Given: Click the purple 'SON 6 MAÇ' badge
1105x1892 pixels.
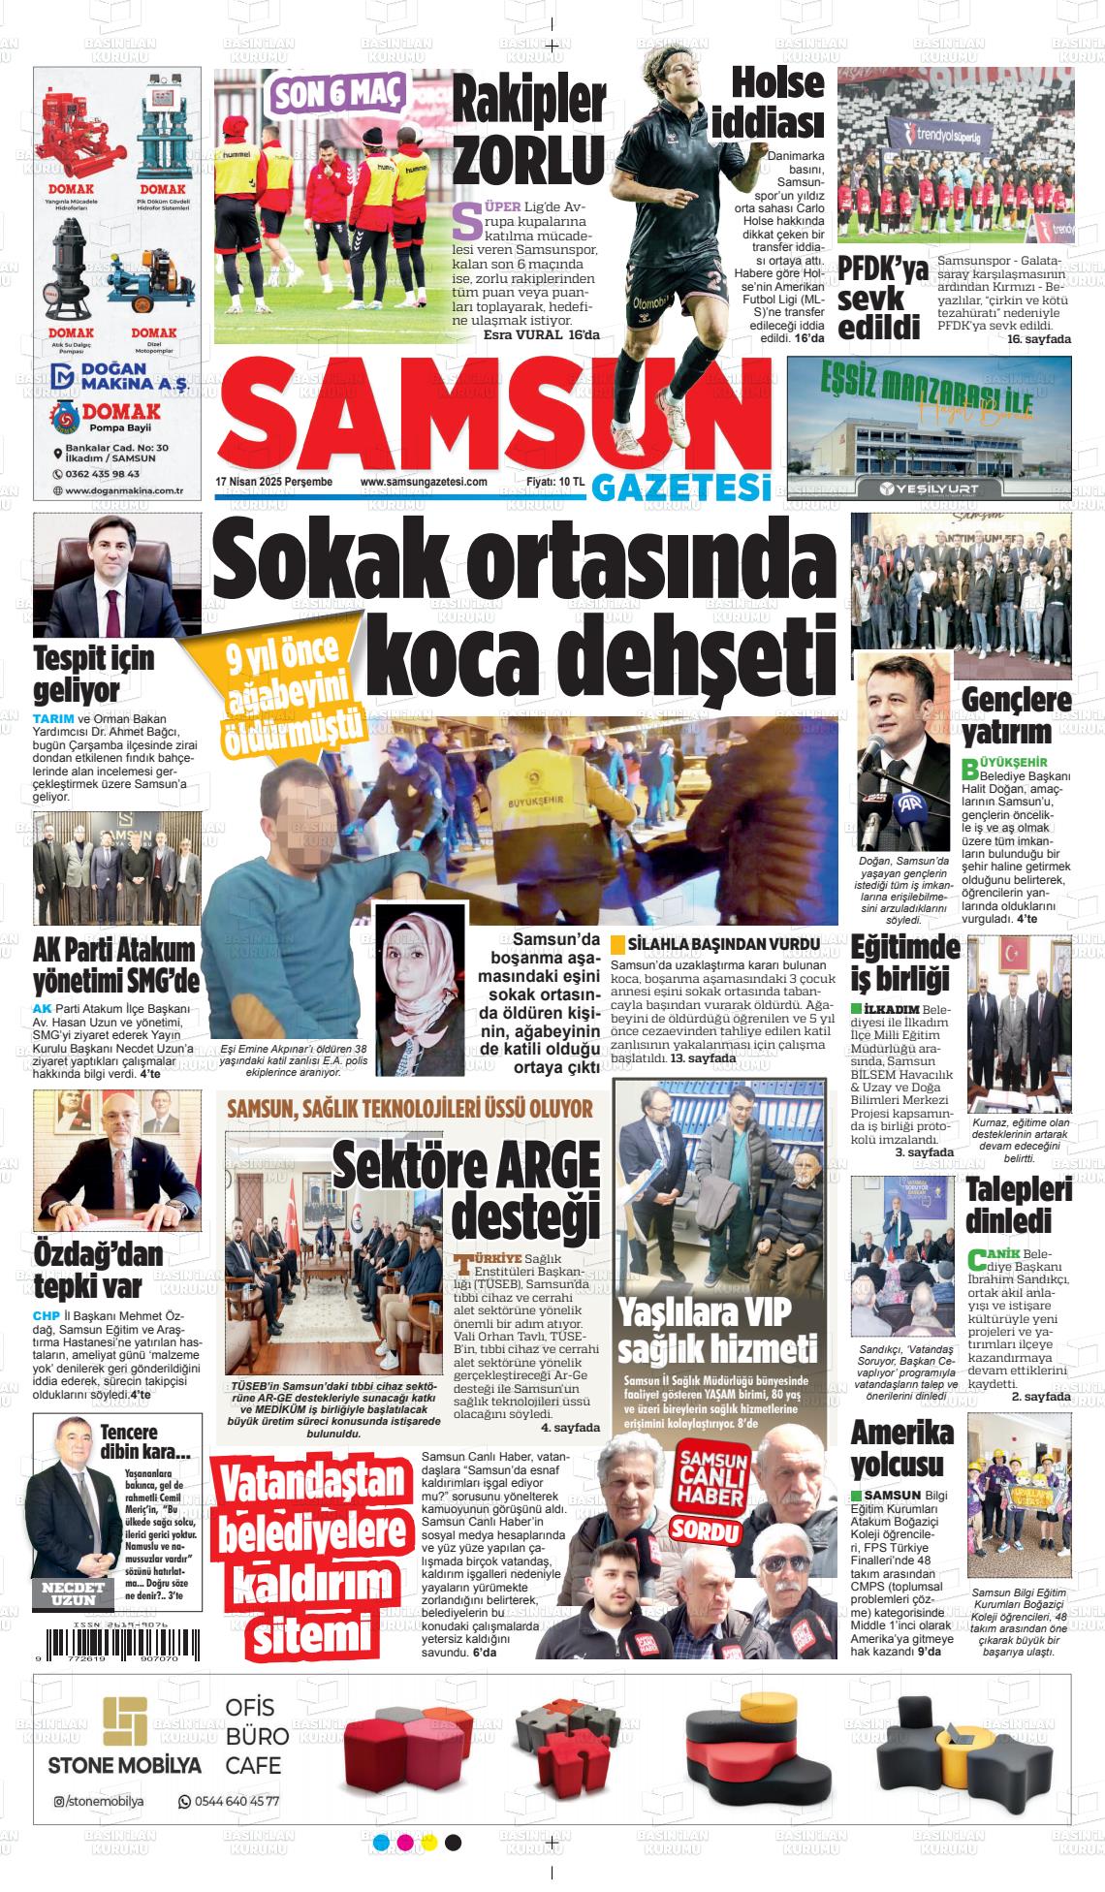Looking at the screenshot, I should tap(338, 93).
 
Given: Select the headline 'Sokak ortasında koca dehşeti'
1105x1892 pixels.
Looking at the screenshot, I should tap(523, 610).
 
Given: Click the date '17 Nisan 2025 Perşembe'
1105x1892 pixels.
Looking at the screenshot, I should tap(273, 482).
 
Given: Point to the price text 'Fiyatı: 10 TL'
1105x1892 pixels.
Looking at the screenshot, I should tap(555, 482).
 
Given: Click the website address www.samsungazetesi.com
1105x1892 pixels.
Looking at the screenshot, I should tap(423, 482).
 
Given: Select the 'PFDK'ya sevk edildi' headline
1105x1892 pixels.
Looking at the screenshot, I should tap(882, 298).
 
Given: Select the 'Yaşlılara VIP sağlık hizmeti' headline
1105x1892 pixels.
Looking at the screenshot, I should tap(716, 1331).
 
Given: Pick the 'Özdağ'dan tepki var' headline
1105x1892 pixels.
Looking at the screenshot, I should tap(99, 1271).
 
